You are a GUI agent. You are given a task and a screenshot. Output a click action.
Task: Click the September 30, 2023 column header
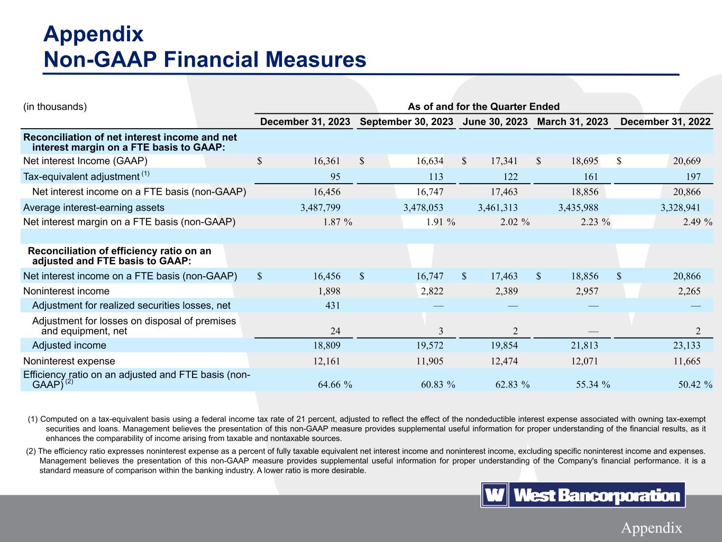[x=406, y=122]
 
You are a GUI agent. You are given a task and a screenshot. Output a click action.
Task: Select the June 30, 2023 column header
[x=495, y=122]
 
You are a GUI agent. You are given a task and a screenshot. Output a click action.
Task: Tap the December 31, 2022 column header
[x=665, y=122]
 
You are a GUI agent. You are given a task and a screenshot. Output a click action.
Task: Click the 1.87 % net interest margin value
[x=337, y=222]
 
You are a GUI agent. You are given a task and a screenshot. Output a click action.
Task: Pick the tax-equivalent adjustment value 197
[x=693, y=177]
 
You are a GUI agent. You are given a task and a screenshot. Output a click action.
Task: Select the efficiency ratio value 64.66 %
[x=335, y=385]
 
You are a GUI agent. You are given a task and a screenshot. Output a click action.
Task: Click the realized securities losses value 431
[x=332, y=305]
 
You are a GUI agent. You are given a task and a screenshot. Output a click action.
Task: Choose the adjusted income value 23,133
[x=685, y=346]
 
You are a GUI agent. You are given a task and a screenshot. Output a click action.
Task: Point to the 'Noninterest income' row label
[x=67, y=291]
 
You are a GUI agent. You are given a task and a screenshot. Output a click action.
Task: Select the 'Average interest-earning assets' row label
[x=94, y=207]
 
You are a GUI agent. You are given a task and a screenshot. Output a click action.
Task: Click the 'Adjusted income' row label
[x=69, y=346]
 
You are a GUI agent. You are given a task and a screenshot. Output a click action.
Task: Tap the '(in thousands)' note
[x=55, y=106]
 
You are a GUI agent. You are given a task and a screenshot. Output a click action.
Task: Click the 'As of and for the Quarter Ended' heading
[x=483, y=106]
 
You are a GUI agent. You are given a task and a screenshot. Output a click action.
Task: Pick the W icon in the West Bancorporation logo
[x=494, y=495]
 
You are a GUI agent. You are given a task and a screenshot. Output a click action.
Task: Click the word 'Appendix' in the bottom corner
[x=651, y=528]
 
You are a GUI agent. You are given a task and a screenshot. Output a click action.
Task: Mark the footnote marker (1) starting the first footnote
[x=32, y=420]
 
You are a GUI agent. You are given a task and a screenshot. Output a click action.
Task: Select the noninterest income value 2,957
[x=585, y=291]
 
